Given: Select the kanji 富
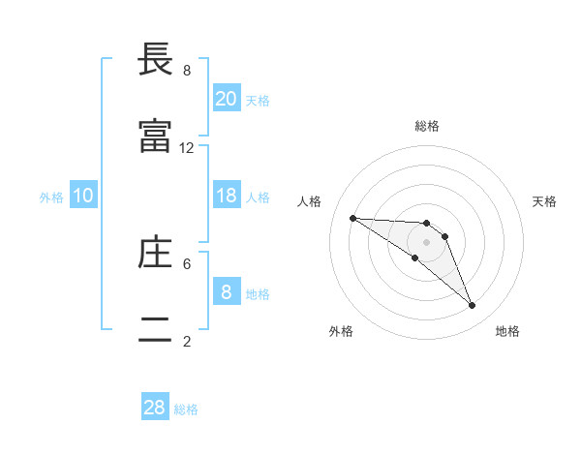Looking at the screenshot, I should click(155, 136).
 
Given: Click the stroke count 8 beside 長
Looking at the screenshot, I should click(187, 71).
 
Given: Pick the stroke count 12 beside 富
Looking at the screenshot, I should click(187, 148).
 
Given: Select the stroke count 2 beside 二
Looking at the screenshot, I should click(187, 341).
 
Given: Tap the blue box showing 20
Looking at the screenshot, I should click(227, 99).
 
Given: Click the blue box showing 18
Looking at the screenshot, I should click(227, 196).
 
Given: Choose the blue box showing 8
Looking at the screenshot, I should click(227, 292).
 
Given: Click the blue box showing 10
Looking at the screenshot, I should click(83, 196).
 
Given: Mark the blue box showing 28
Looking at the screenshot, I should click(155, 408).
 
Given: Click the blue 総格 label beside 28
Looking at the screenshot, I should click(186, 409).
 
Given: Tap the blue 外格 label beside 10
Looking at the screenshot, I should click(51, 197).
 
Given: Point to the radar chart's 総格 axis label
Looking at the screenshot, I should click(427, 126).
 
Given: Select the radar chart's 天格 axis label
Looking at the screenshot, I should click(545, 201).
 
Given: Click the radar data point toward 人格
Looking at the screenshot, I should click(352, 218).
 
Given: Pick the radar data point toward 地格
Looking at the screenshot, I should click(473, 306).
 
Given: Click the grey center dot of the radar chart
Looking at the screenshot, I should click(427, 242).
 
